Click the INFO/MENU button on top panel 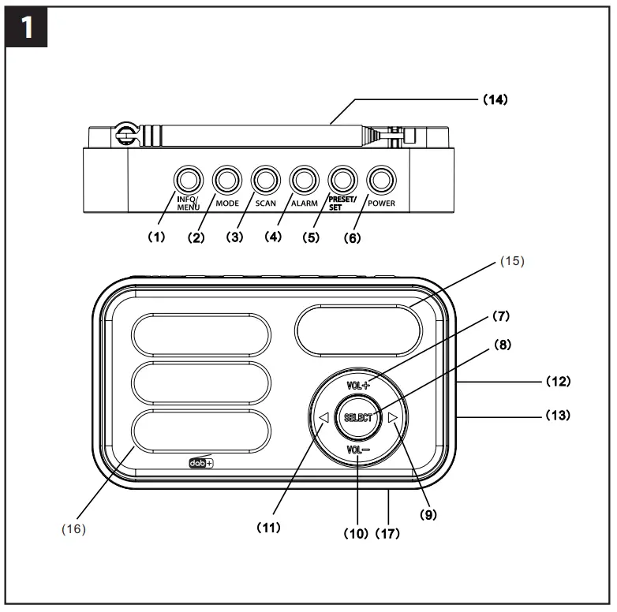187,180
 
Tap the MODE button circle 226,180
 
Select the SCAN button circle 264,180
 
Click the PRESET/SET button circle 342,180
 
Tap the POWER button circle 380,180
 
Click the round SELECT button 357,417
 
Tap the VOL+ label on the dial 358,386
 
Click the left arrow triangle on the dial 323,417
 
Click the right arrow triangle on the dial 393,417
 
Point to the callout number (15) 512,259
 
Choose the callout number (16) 73,528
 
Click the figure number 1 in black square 27,28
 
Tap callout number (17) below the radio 387,533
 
